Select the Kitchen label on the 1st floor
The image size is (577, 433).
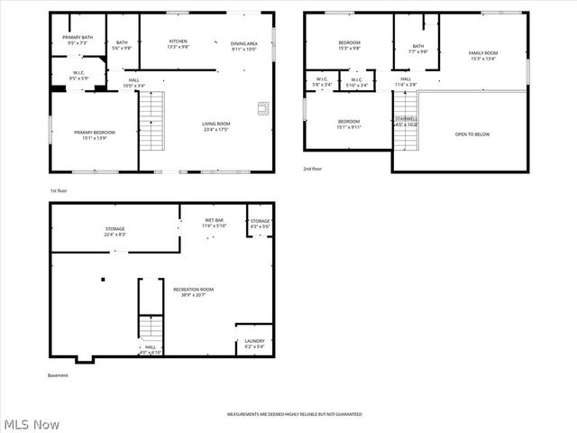tap(178, 45)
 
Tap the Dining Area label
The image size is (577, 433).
tap(244, 47)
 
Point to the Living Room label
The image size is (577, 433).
tap(215, 126)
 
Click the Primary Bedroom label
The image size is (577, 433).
tap(95, 135)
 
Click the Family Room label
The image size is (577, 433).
tap(482, 57)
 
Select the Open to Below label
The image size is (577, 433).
tap(472, 134)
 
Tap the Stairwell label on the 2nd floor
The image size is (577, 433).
tap(406, 121)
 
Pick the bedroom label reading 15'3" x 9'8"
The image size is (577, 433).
tap(349, 45)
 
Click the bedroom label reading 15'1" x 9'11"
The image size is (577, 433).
tap(349, 124)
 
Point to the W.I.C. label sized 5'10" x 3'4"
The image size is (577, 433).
tap(356, 82)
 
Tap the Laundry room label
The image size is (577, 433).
tap(254, 343)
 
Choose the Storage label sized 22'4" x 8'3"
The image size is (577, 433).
tap(114, 232)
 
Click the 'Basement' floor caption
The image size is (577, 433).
tap(58, 375)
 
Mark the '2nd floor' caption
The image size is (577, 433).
tap(314, 169)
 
